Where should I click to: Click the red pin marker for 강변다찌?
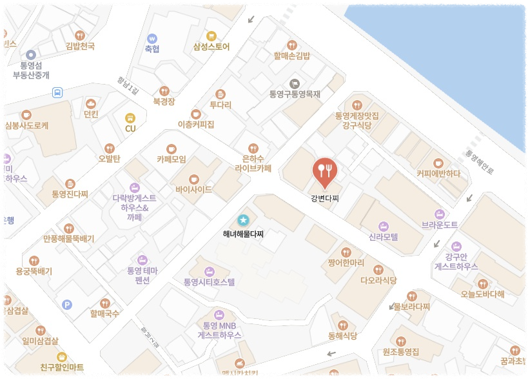click(x=324, y=170)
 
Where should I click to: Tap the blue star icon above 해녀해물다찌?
click(x=243, y=220)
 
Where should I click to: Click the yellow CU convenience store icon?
click(x=130, y=118)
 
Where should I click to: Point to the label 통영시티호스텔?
click(x=209, y=282)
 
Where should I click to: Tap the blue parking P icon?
click(x=66, y=304)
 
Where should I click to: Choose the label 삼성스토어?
click(x=211, y=47)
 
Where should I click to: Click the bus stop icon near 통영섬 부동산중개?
click(x=57, y=92)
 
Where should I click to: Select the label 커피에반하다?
click(x=438, y=173)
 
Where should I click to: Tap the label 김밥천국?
click(x=80, y=46)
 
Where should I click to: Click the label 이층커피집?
click(x=195, y=124)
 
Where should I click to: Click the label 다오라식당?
click(x=378, y=280)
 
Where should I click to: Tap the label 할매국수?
click(x=104, y=314)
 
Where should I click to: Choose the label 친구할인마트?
click(x=62, y=367)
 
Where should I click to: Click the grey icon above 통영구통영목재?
click(x=295, y=83)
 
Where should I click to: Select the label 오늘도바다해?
click(x=482, y=294)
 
